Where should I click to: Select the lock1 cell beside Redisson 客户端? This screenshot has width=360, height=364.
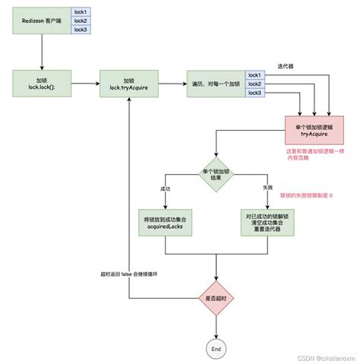81,12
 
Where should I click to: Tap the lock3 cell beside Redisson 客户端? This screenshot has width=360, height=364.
81,29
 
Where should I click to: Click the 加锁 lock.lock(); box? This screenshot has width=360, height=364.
42,84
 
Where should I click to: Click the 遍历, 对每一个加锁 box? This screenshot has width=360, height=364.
215,84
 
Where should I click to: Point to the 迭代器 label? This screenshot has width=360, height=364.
286,66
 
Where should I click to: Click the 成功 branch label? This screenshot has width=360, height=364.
166,188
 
